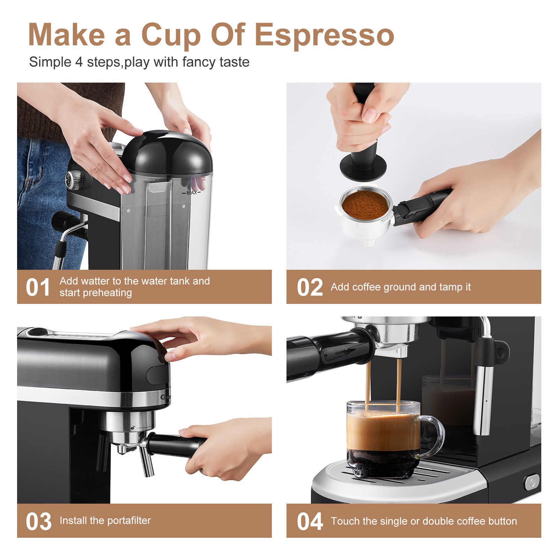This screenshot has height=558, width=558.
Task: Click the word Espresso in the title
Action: click(324, 35)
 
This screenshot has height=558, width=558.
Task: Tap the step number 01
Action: click(38, 288)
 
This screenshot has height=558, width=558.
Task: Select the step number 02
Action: click(310, 288)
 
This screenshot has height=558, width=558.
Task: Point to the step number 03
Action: click(38, 522)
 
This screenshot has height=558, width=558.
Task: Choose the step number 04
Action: click(310, 522)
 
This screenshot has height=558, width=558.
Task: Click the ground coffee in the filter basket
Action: click(365, 205)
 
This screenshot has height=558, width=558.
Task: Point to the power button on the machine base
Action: click(532, 482)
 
